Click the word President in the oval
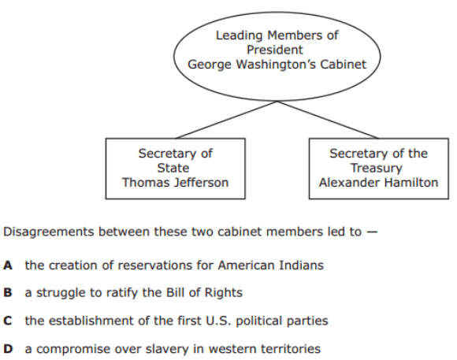[x=275, y=50]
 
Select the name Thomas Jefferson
[x=175, y=183]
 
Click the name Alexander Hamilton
[x=378, y=183]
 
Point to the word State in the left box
[x=173, y=168]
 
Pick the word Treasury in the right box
[x=377, y=169]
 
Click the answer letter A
[x=8, y=265]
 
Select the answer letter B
[x=8, y=293]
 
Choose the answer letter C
[x=8, y=321]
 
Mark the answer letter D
[x=8, y=349]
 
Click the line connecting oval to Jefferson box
[x=226, y=120]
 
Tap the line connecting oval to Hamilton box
[x=328, y=120]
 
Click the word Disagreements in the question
[x=49, y=232]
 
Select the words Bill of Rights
[x=204, y=293]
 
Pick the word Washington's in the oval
[x=276, y=65]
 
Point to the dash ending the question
[x=372, y=232]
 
